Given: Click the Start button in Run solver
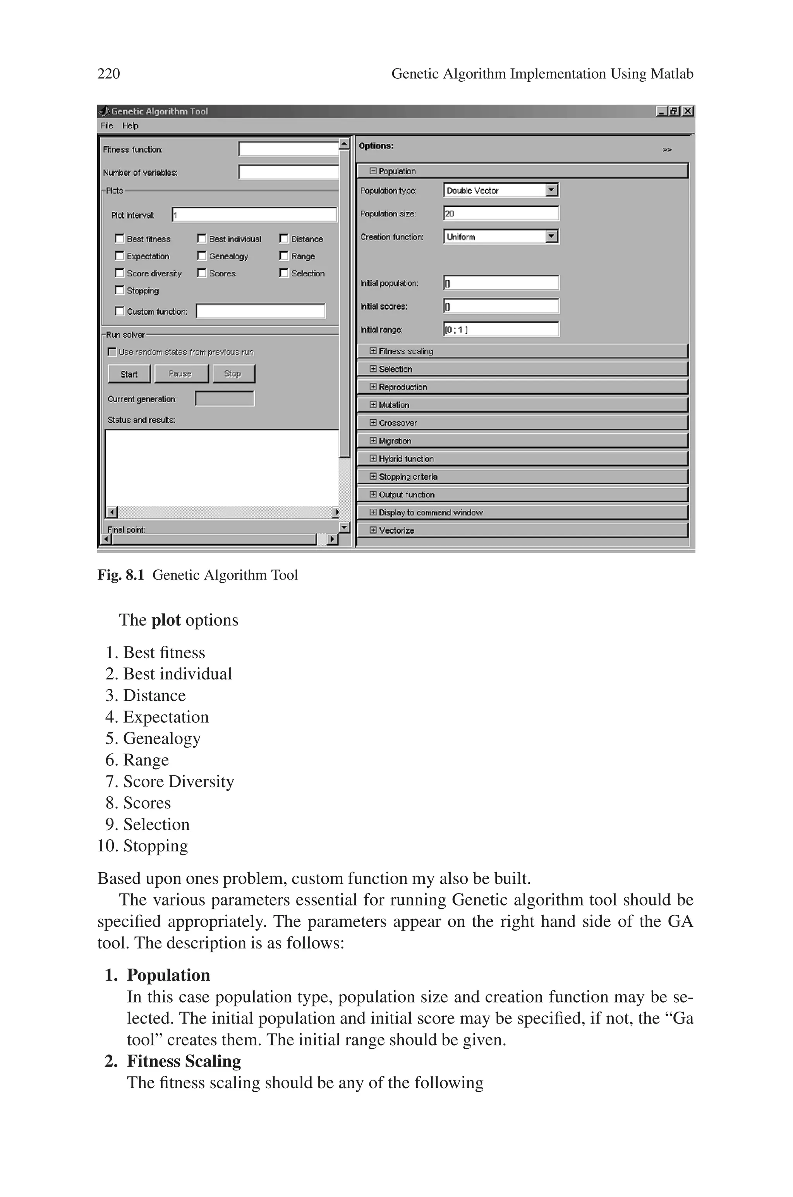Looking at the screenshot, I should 129,374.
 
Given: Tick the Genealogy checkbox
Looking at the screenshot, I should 202,256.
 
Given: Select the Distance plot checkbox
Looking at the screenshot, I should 284,238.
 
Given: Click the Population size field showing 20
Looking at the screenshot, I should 501,213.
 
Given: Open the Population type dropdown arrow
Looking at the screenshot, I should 552,190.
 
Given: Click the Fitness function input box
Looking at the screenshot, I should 288,149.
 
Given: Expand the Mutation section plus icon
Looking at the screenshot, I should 373,405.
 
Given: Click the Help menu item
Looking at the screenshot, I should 130,125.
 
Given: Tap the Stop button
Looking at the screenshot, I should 233,374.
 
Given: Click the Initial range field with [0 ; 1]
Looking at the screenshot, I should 501,329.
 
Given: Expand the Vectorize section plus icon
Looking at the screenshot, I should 373,530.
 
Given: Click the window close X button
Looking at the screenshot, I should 688,111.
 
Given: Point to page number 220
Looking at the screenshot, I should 109,74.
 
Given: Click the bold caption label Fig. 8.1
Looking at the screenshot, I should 121,575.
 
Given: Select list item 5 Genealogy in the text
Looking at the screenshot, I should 162,739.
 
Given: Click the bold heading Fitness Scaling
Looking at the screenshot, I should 184,1061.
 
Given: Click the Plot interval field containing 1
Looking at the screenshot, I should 254,215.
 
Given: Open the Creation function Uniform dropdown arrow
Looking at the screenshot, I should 552,236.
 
